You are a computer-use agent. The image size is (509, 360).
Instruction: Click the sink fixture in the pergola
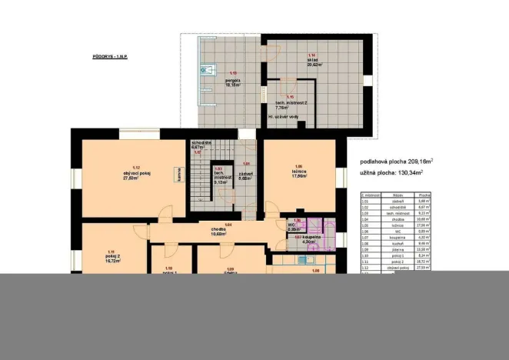[205, 70]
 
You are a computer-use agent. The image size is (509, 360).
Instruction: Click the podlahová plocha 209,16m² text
[396, 162]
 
